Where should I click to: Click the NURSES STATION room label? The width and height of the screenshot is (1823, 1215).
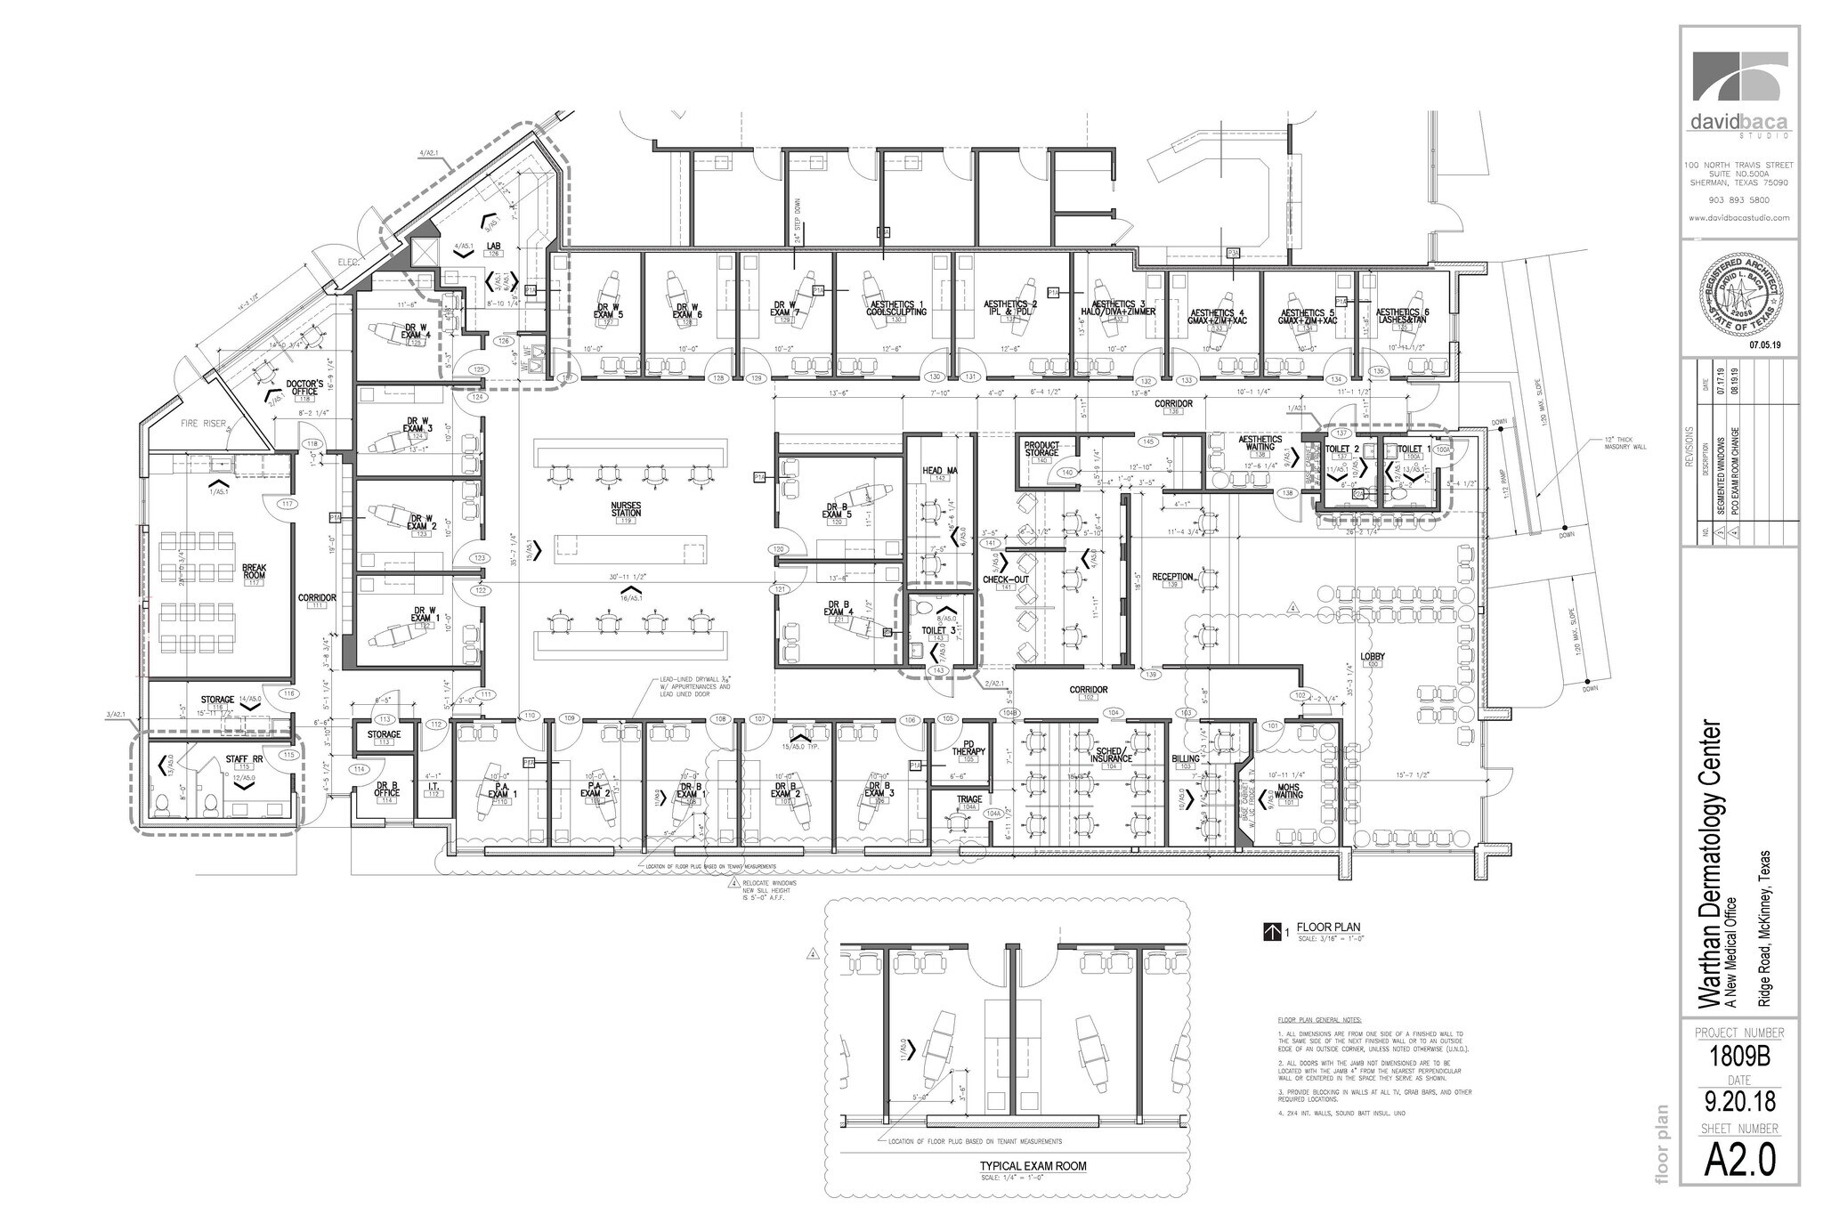(627, 509)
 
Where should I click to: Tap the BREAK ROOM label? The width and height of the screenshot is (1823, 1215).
(255, 571)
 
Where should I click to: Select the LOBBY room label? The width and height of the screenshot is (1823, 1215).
(1373, 657)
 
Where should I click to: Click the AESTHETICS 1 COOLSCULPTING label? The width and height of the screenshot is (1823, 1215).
(896, 308)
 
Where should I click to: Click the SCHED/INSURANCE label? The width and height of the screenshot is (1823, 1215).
(1113, 756)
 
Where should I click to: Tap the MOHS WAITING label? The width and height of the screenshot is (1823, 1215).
(1290, 791)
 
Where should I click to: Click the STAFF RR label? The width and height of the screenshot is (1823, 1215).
(238, 759)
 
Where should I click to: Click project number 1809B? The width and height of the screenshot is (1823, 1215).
(1739, 1058)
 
